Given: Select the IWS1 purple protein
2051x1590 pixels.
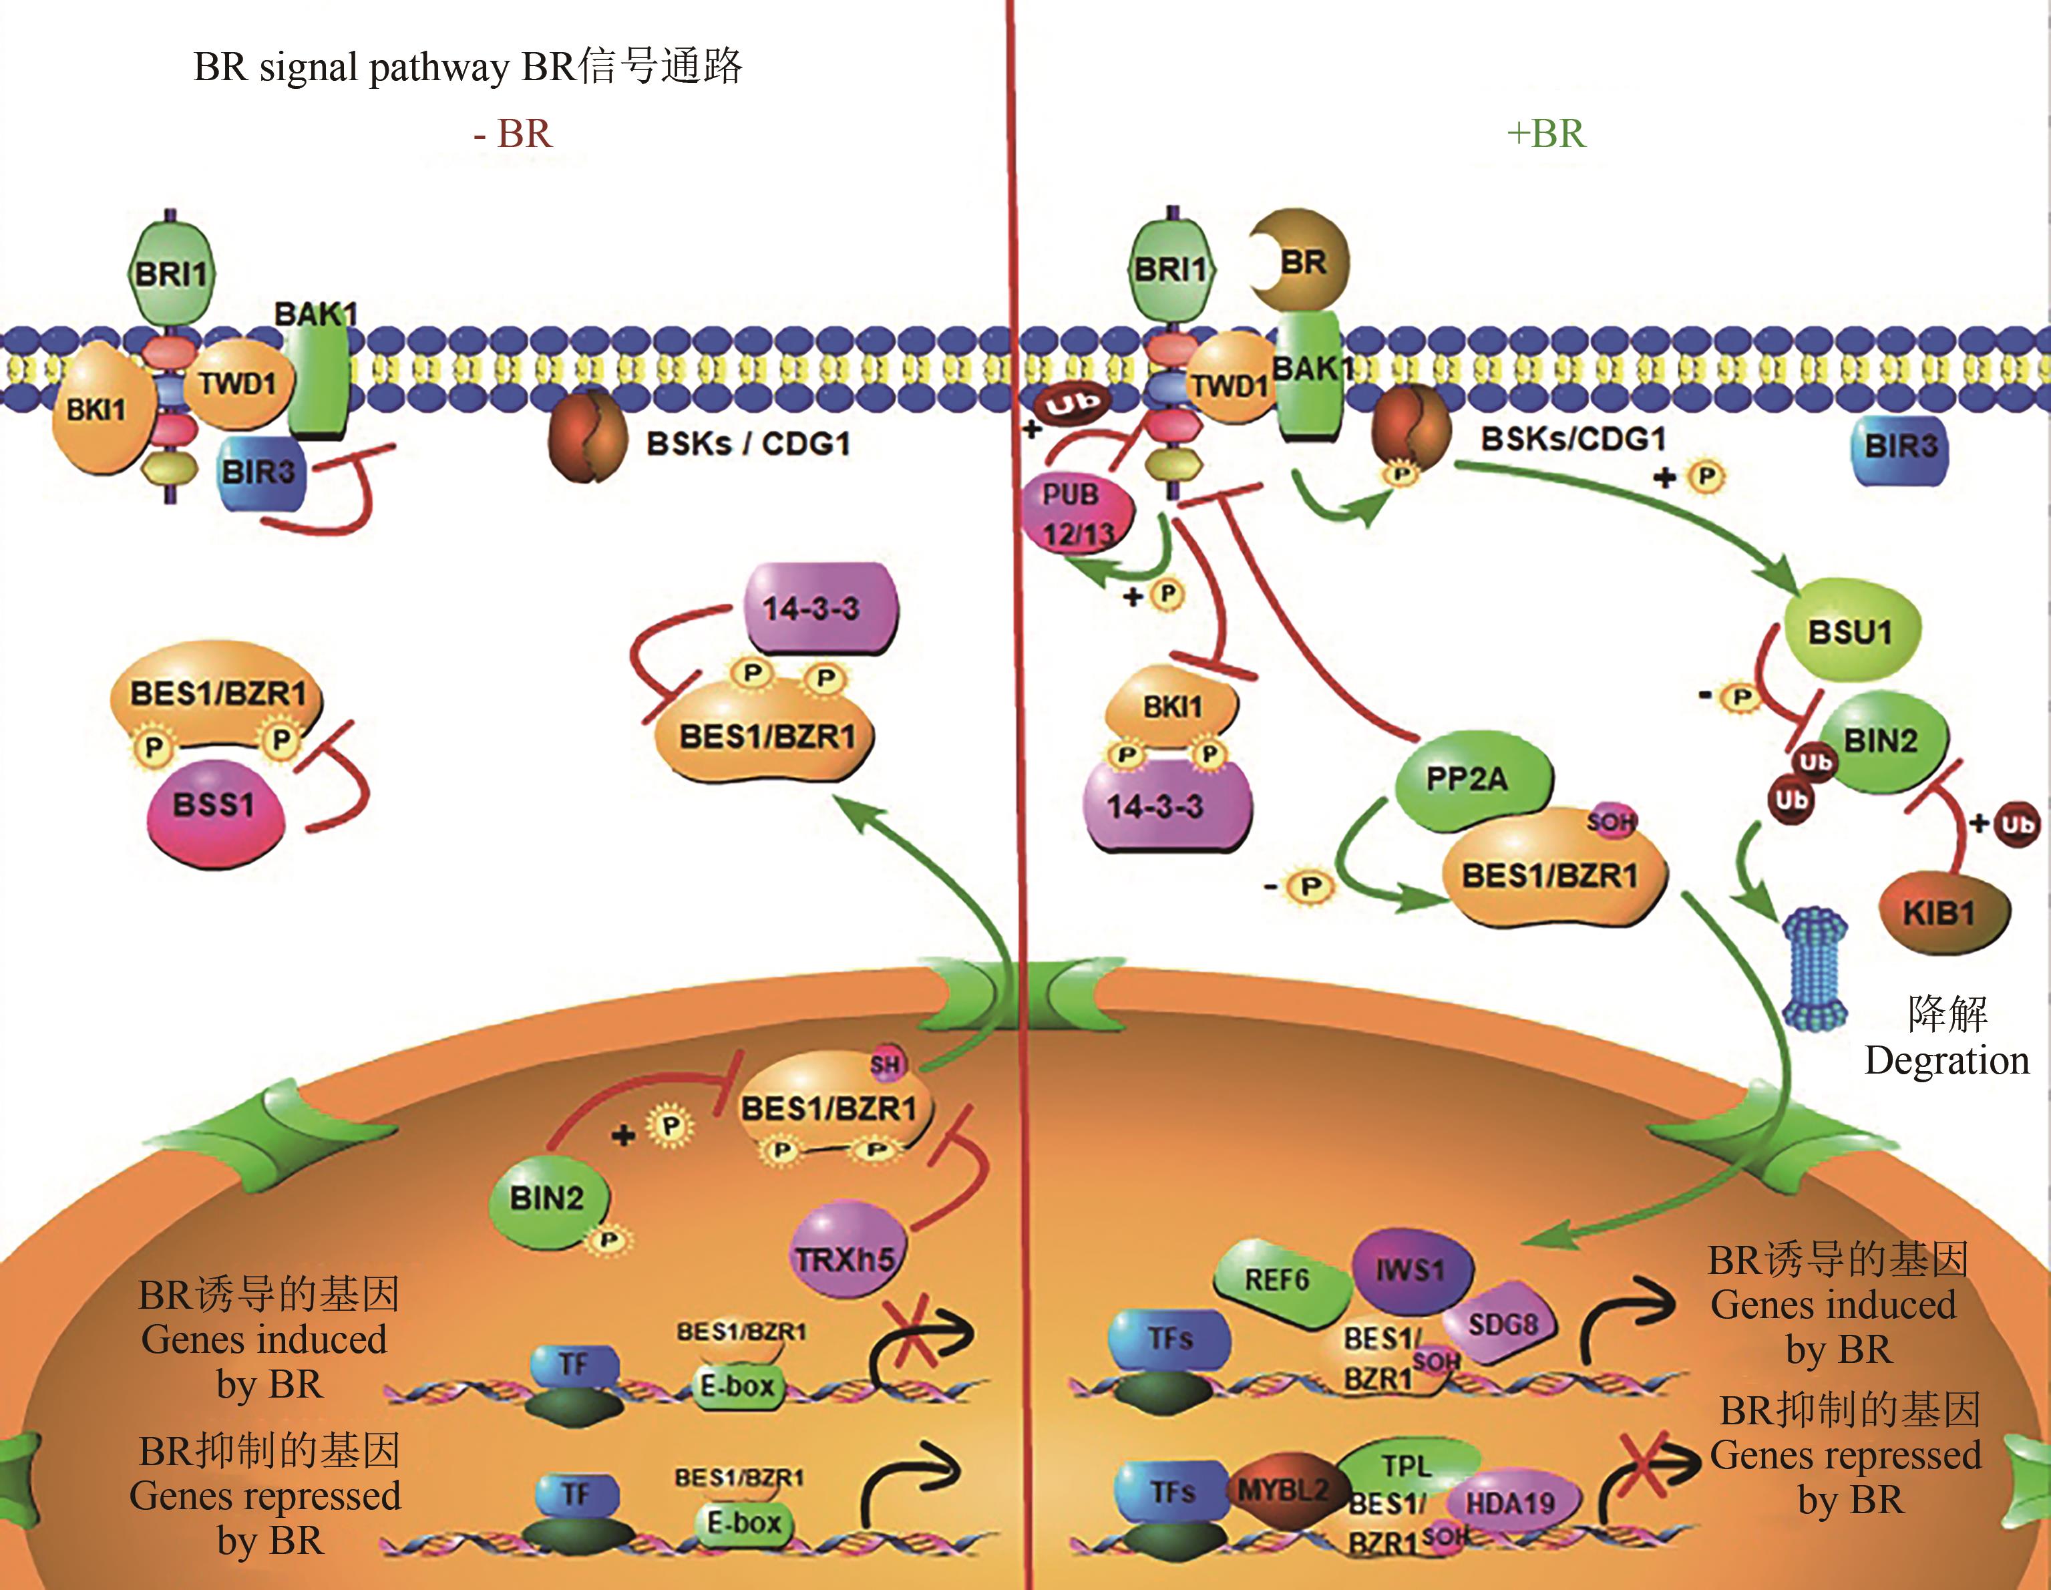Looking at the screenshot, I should [x=1410, y=1270].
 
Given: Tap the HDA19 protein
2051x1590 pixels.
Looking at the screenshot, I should [x=1510, y=1502].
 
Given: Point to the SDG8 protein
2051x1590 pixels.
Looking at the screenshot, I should [x=1503, y=1324].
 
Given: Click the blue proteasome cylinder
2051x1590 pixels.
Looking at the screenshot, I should [x=1815, y=968].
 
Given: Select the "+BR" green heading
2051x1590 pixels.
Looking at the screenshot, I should [x=1545, y=134].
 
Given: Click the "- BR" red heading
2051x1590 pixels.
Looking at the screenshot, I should [x=513, y=134].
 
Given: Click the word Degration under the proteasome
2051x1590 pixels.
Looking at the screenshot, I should [x=1946, y=1060].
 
